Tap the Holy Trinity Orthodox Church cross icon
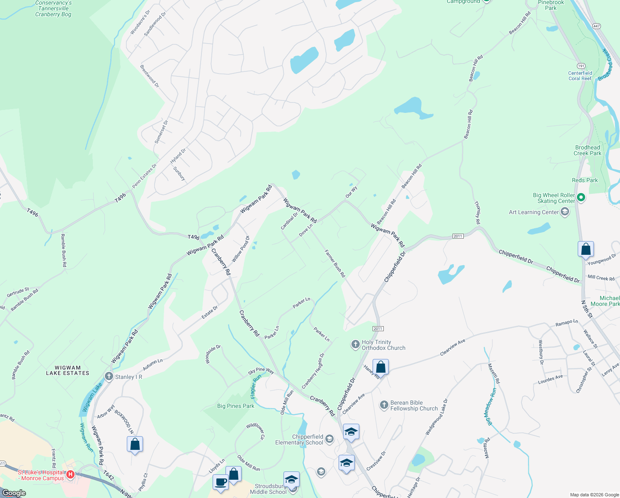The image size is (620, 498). (x=355, y=344)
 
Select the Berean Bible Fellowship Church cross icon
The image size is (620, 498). (x=384, y=405)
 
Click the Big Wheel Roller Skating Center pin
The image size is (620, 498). (x=581, y=198)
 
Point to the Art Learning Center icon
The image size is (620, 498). (x=564, y=212)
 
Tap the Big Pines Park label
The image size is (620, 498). (x=235, y=406)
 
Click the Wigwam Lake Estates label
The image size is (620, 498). (x=68, y=370)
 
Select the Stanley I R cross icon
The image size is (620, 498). (x=109, y=376)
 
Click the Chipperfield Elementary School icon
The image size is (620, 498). (x=329, y=439)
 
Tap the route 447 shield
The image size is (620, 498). (x=596, y=26)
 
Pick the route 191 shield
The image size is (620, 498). (x=581, y=66)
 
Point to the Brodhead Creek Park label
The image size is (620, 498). (x=587, y=150)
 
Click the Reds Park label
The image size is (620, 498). (x=585, y=180)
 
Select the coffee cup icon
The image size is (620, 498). (x=220, y=482)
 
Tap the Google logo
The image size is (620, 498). (x=14, y=493)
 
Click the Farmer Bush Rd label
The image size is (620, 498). (x=335, y=264)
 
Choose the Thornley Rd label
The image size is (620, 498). (x=477, y=213)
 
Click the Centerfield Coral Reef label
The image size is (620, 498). (x=580, y=76)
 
